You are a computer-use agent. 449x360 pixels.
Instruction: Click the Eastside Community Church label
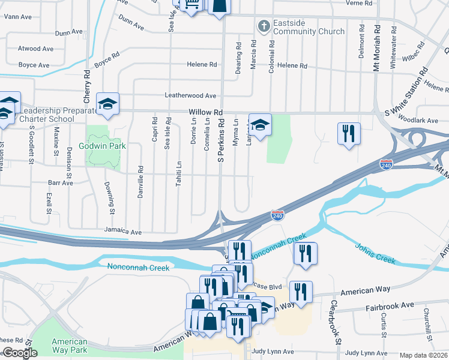pyautogui.click(x=309, y=27)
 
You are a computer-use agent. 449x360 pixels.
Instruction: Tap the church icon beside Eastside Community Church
pyautogui.click(x=263, y=26)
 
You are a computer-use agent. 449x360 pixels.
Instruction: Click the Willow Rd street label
pyautogui.click(x=205, y=112)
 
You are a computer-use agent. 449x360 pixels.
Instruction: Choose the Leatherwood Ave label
pyautogui.click(x=190, y=95)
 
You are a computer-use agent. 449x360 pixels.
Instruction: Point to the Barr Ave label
pyautogui.click(x=60, y=182)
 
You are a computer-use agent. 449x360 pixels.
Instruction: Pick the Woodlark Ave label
pyautogui.click(x=421, y=121)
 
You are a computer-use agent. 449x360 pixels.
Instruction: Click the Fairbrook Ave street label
pyautogui.click(x=390, y=305)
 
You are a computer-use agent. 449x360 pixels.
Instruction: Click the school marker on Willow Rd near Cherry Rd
pyautogui.click(x=108, y=104)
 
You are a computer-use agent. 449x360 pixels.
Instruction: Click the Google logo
pyautogui.click(x=19, y=353)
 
